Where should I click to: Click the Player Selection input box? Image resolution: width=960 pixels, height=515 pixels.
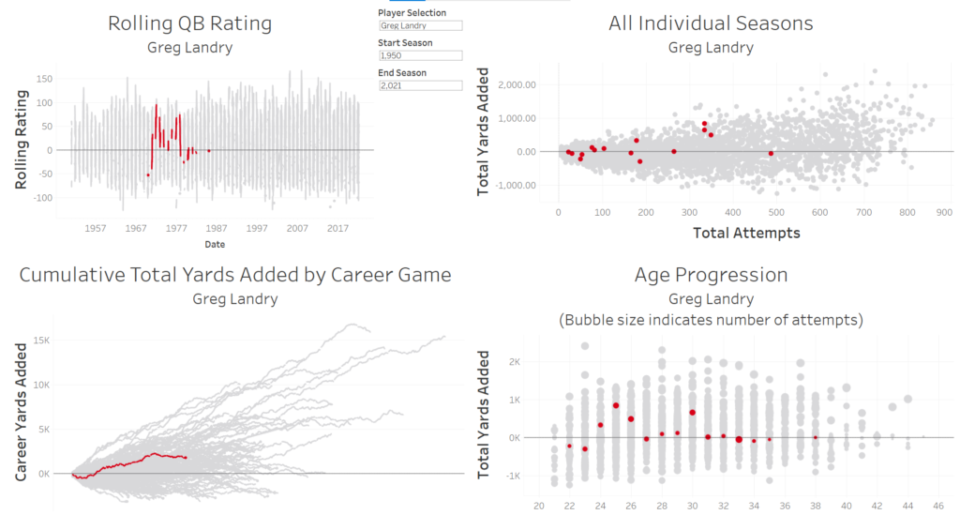tap(420, 26)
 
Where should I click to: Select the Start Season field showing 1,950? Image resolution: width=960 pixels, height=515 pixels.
tap(420, 55)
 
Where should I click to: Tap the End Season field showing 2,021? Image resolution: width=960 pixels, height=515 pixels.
tap(420, 85)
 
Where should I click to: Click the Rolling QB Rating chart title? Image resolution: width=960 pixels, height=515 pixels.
tap(190, 23)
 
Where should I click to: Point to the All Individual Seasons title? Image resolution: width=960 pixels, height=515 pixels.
tap(711, 23)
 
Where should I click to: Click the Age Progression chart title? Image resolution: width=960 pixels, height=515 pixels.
tap(711, 275)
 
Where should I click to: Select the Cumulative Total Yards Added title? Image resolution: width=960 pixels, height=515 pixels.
tap(235, 275)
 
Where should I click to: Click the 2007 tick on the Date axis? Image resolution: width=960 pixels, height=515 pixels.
tap(297, 228)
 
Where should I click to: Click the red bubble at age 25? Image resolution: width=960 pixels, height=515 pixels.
tap(616, 405)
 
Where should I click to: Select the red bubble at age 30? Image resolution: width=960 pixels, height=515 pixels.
tap(693, 413)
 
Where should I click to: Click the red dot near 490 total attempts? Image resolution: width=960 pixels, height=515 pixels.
tap(772, 153)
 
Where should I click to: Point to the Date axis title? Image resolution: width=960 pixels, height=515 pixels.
tap(214, 244)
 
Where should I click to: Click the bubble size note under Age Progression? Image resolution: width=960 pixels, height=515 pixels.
tap(711, 320)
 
